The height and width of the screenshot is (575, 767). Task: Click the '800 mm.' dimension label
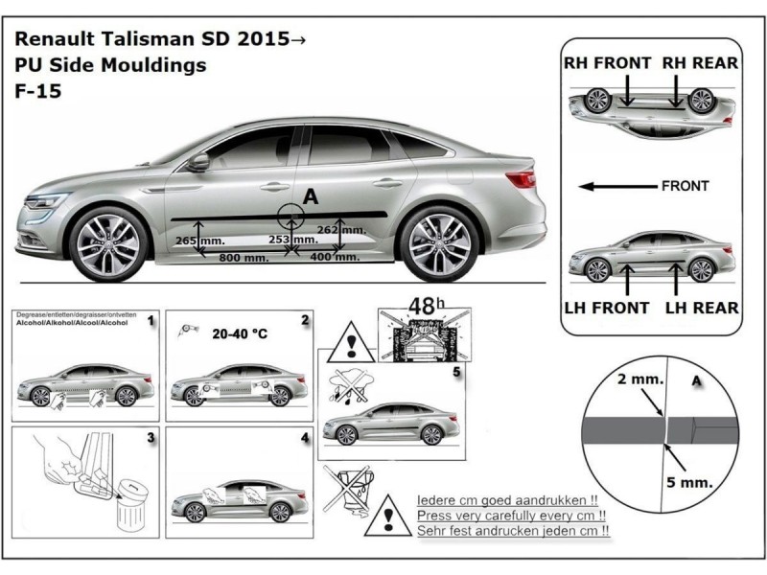[x=244, y=259]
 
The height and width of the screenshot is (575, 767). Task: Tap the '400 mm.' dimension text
[x=335, y=258]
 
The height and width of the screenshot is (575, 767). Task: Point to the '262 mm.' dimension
[x=340, y=230]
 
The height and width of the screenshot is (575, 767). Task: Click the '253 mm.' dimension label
[x=291, y=240]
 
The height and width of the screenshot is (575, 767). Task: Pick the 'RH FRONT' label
[x=607, y=63]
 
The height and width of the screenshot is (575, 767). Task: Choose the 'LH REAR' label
[x=702, y=308]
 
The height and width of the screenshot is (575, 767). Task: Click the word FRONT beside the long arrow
[x=685, y=186]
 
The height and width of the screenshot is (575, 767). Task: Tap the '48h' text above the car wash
[x=423, y=307]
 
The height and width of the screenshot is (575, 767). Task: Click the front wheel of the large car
[x=108, y=245]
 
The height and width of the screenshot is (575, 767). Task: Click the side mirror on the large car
[x=198, y=162]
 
